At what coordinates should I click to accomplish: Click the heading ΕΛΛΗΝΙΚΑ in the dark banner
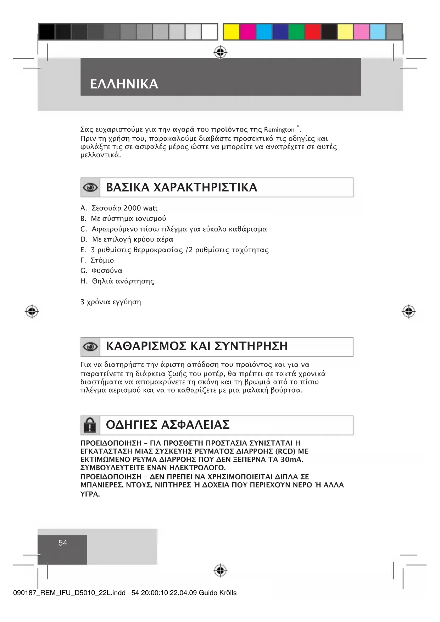click(124, 84)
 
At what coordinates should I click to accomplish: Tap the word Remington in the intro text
click(279, 130)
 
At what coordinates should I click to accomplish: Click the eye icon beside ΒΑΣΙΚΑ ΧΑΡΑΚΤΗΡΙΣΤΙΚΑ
click(90, 188)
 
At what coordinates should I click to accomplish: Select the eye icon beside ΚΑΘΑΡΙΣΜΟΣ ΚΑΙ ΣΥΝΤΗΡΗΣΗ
click(90, 347)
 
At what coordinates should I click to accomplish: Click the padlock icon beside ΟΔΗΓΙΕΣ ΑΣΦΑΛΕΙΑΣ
click(90, 425)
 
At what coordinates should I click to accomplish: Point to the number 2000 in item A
click(132, 208)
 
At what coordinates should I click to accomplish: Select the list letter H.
click(83, 281)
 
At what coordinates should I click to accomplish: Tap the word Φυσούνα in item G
click(107, 271)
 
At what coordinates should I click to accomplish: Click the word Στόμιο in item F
click(102, 260)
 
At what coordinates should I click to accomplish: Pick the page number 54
click(63, 543)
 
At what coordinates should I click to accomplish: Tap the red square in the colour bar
click(313, 32)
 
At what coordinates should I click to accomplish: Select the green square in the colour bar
click(296, 32)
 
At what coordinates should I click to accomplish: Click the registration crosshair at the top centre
click(221, 52)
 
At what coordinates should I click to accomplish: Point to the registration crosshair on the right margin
click(408, 311)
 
